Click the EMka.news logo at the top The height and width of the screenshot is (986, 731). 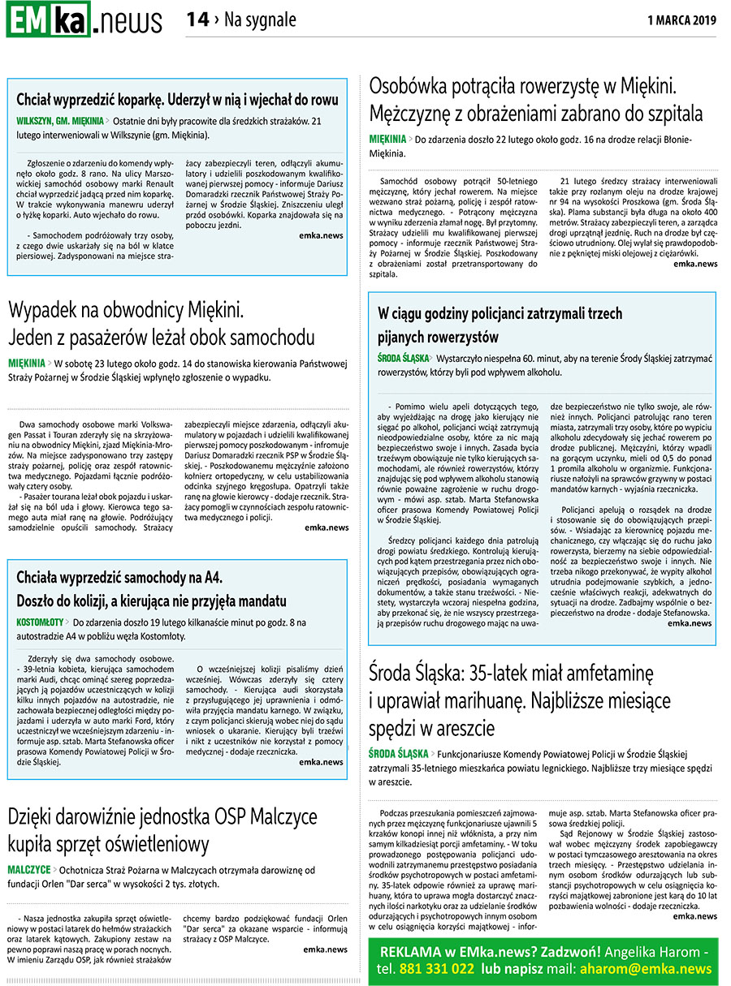click(x=84, y=19)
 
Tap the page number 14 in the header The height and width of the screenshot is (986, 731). click(x=197, y=19)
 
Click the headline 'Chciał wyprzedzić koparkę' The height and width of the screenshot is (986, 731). click(x=177, y=100)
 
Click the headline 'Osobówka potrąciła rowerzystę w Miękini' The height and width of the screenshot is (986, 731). click(x=523, y=86)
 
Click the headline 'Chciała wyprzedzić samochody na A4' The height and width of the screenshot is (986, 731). click(x=119, y=578)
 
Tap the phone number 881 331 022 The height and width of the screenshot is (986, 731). click(x=436, y=969)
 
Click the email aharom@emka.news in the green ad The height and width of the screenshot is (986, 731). click(x=644, y=969)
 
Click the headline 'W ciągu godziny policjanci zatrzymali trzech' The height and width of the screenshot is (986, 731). click(x=500, y=312)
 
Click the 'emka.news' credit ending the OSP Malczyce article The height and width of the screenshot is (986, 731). click(x=325, y=949)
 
